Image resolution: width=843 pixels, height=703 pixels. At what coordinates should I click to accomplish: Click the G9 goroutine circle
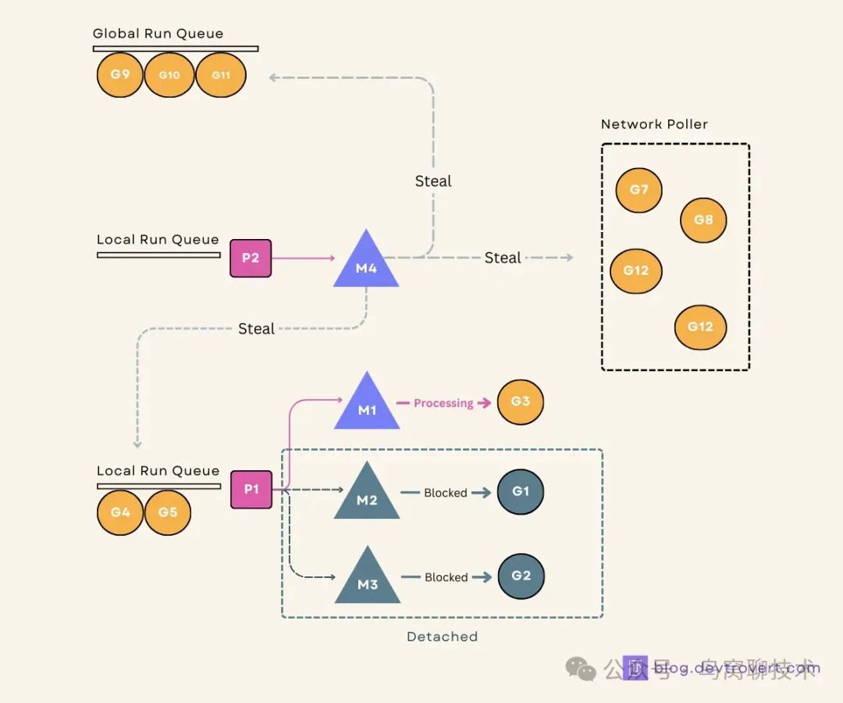coord(120,75)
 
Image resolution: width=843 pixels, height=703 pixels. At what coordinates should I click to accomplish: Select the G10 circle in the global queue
coord(169,75)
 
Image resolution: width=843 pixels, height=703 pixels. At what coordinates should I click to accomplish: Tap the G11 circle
coord(221,75)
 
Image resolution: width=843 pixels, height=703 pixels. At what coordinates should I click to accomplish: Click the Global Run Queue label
coord(158,34)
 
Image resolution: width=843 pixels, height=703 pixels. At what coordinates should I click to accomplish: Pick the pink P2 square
coord(251,258)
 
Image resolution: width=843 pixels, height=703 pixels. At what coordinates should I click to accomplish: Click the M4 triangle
coord(366,264)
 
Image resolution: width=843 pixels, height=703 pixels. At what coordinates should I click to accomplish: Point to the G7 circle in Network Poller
coord(638,190)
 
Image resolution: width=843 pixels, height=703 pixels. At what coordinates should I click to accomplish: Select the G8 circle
coord(703,220)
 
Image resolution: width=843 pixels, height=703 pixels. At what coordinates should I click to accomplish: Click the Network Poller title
coord(654,124)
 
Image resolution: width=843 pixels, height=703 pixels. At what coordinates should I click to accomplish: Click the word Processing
coord(443,403)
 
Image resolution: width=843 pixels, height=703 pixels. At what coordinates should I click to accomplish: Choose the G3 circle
coord(521,401)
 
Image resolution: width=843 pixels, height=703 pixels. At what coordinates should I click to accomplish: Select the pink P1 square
coord(251,490)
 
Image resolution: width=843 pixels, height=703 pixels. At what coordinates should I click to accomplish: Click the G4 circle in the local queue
coord(120,512)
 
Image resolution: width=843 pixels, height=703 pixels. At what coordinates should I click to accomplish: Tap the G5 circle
coord(168,512)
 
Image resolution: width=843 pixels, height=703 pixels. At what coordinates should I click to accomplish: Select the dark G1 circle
coord(521,492)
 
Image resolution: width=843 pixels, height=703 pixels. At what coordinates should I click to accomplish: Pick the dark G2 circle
coord(521,576)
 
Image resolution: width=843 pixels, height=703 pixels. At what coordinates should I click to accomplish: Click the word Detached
coord(442,637)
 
